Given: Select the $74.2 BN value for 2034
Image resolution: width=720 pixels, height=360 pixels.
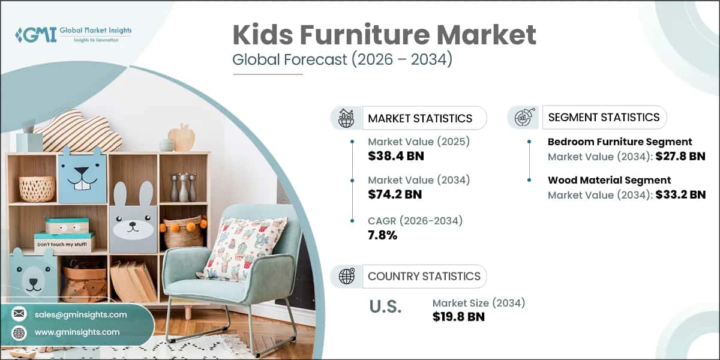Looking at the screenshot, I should point(395,194).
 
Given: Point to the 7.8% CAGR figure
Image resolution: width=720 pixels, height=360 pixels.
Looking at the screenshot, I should point(383,235).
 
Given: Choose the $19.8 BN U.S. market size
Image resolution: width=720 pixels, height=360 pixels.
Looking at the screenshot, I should point(458,316).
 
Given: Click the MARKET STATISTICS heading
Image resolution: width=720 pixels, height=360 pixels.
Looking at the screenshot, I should point(420,118).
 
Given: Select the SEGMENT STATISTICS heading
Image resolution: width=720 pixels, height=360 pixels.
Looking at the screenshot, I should point(604,117).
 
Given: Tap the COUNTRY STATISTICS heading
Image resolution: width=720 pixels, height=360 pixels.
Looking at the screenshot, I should point(424,276).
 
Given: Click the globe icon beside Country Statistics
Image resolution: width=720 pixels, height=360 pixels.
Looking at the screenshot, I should point(346,276).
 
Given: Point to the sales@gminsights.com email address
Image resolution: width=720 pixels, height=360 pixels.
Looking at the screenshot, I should point(80,314).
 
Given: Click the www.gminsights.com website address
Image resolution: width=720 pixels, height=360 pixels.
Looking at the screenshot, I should point(77,332).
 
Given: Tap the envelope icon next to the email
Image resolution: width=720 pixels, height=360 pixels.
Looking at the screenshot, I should point(20,314).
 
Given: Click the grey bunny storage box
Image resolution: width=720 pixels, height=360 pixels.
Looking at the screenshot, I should point(133,219).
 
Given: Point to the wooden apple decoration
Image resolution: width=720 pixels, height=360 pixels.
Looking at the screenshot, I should point(182,137).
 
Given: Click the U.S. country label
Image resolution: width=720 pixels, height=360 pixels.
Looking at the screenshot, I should point(385,307).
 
